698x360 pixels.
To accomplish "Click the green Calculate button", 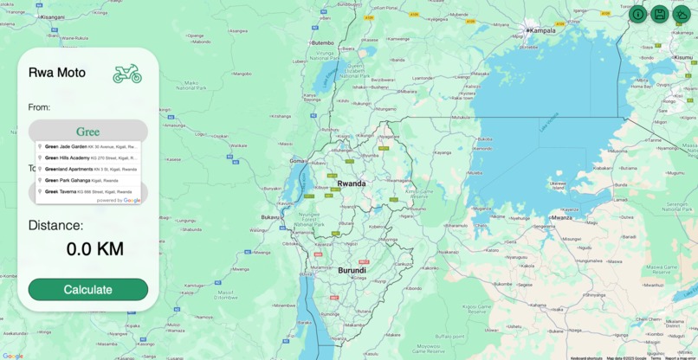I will [87, 289].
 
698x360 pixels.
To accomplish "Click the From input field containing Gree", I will [87, 132].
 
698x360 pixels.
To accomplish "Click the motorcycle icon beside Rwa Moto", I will [127, 74].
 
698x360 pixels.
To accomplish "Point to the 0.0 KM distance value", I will [94, 249].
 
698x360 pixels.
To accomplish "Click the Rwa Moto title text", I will [57, 73].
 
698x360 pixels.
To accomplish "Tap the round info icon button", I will [637, 14].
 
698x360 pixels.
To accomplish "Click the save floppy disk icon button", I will [659, 14].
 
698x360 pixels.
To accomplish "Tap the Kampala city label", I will [543, 30].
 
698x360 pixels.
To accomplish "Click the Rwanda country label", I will [351, 183].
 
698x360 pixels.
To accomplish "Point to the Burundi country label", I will [352, 270].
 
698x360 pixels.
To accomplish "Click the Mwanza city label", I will [562, 218].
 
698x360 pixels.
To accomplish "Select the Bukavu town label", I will [271, 217].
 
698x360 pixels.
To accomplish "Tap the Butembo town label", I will [322, 42].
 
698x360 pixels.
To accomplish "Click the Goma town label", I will [297, 161].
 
